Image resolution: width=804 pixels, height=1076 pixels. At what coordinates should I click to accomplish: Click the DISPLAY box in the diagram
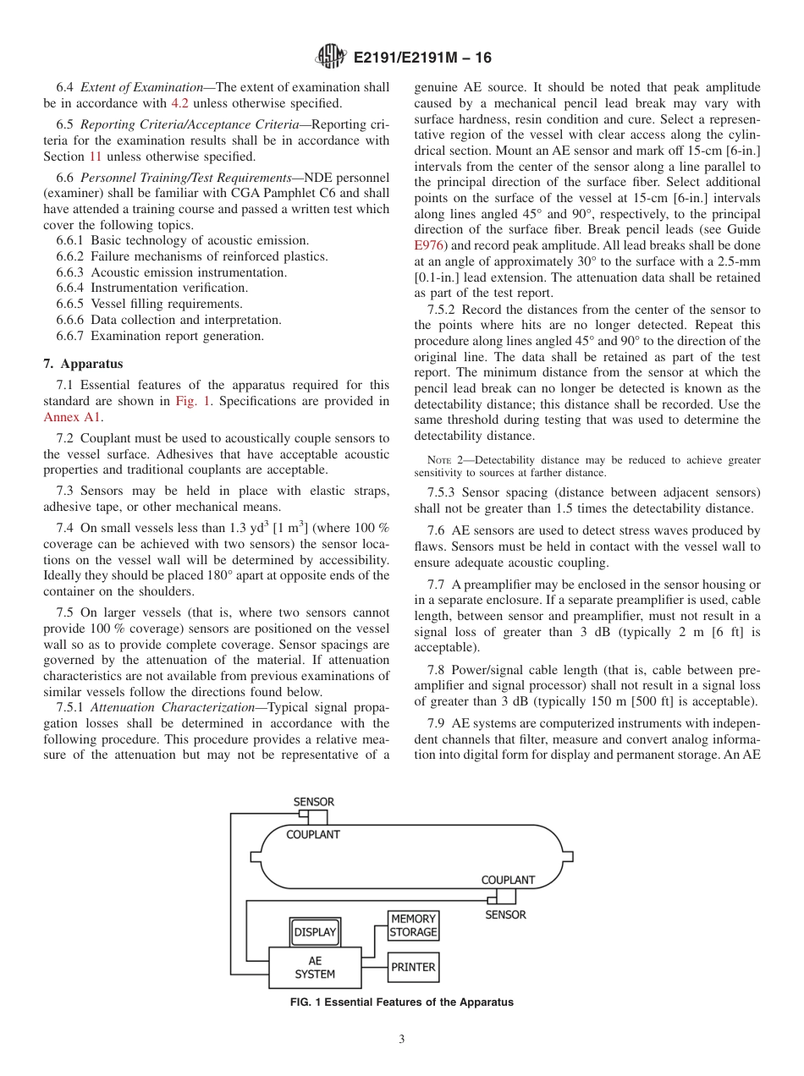315,932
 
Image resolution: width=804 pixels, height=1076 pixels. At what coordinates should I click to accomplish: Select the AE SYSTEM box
315,967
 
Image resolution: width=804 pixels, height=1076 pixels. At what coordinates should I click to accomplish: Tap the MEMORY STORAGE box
413,925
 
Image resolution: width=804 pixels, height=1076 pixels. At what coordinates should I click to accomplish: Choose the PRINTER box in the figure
413,967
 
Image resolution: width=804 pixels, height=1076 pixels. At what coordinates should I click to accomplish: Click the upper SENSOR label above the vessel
313,802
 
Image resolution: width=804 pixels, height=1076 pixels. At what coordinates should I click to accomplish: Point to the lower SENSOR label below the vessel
505,914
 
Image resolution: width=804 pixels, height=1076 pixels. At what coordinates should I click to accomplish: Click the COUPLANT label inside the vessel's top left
312,835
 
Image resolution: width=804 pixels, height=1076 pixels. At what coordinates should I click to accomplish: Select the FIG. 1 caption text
401,1002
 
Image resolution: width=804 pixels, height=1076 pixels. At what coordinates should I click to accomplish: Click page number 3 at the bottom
402,1040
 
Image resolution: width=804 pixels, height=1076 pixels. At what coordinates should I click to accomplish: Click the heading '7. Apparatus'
83,364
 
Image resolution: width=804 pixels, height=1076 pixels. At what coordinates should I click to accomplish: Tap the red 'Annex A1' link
71,417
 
